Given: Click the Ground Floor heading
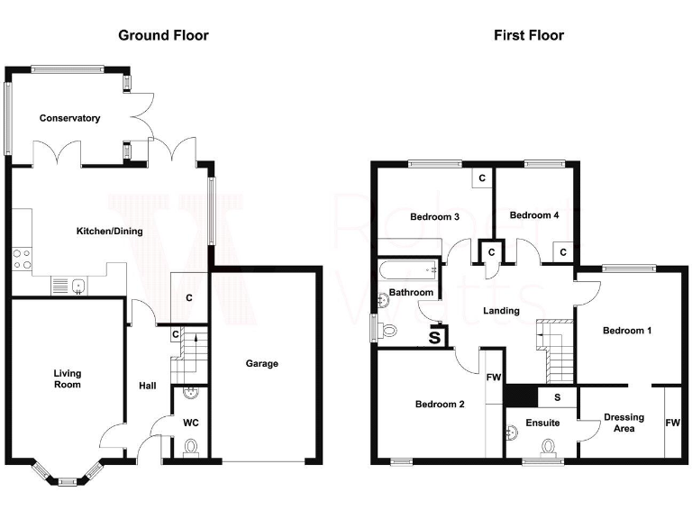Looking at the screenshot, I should (x=163, y=36).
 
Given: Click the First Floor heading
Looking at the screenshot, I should (x=529, y=36).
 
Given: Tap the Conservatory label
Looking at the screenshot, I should (x=69, y=118).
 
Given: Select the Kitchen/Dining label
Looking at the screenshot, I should (x=109, y=232).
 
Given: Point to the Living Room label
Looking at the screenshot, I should (x=67, y=379).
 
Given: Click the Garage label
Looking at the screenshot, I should (x=262, y=364).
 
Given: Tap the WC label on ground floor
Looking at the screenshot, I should (x=191, y=422).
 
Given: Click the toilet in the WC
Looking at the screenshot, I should (x=190, y=447).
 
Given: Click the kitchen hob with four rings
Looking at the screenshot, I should (x=22, y=259).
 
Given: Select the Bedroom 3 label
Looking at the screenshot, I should (x=435, y=217).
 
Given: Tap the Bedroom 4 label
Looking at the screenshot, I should (x=534, y=215).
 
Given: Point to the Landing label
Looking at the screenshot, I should (x=501, y=311).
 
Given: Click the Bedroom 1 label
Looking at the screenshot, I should (x=627, y=331).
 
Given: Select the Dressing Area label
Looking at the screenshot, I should (x=624, y=423).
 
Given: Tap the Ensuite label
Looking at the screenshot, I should (x=543, y=423).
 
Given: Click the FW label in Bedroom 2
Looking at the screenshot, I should (x=493, y=378).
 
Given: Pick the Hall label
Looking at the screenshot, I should (x=147, y=386).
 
